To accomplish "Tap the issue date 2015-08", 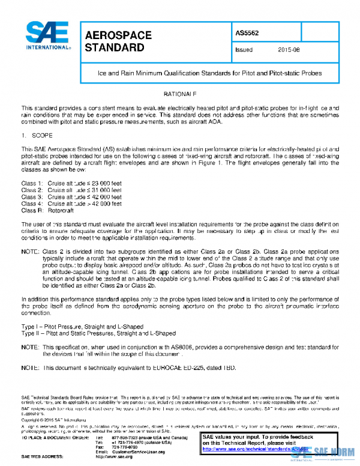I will pos(290,50).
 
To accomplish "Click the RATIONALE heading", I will pos(181,95).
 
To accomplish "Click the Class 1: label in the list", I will pos(32,183).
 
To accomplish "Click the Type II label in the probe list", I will pos(32,332).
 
